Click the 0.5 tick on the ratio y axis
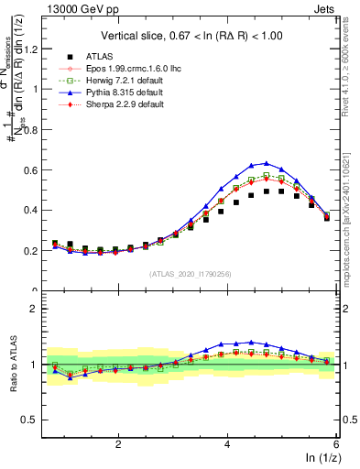point(35,420)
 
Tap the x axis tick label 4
point(227,443)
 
